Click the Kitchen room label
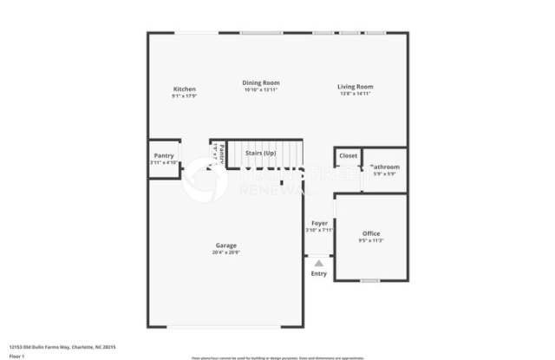click(184, 88)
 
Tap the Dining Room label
click(260, 83)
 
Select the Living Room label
click(355, 86)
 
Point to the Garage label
click(226, 245)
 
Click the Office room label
click(371, 233)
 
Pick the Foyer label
click(320, 223)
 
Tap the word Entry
click(319, 274)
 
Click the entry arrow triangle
click(319, 262)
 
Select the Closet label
click(348, 156)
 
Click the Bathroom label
click(384, 167)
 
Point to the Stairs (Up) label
click(261, 153)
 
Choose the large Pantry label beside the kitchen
click(163, 156)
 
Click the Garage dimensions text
click(226, 252)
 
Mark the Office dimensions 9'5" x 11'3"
click(371, 240)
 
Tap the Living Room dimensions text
click(355, 93)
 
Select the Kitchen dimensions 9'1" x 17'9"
click(184, 95)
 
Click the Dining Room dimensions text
click(260, 90)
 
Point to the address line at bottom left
click(62, 347)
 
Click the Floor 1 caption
click(17, 355)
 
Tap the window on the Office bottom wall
click(370, 280)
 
